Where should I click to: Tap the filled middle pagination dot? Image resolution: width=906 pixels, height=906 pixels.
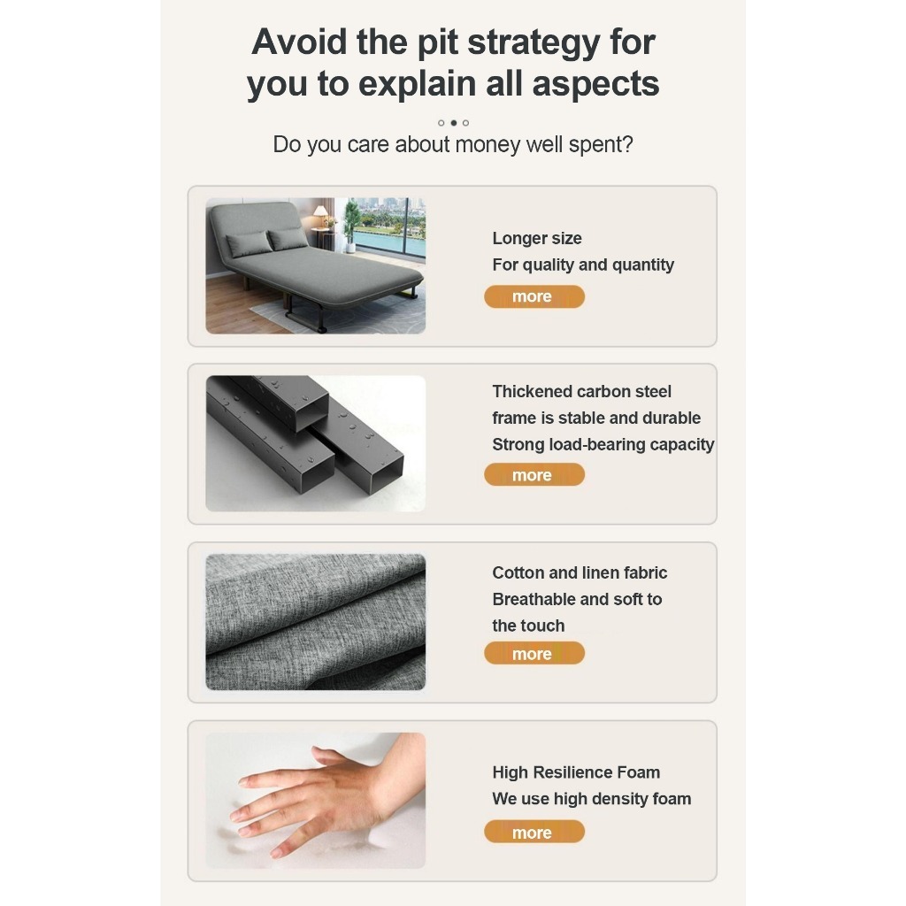(x=454, y=122)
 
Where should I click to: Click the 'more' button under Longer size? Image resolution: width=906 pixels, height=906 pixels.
(x=534, y=296)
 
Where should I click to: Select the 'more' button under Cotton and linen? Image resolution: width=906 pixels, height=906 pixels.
(x=534, y=654)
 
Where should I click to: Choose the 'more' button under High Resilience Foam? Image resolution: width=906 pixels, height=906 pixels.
(x=534, y=832)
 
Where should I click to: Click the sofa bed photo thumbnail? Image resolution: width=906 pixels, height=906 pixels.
(x=316, y=265)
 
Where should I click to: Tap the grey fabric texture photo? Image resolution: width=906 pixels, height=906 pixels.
(x=316, y=622)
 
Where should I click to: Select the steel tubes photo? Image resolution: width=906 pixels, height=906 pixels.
(x=316, y=444)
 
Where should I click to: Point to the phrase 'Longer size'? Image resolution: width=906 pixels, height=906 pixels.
(x=537, y=238)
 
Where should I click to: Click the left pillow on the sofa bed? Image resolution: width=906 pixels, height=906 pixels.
(x=249, y=244)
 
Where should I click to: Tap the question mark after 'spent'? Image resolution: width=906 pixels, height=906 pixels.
(x=627, y=144)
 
